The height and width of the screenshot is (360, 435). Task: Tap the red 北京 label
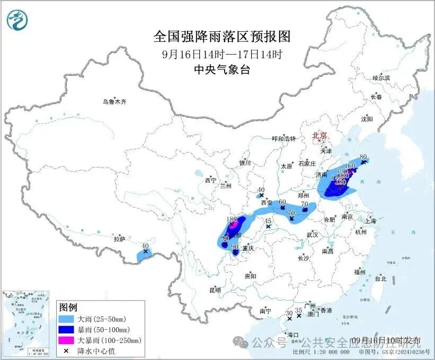tap(320, 135)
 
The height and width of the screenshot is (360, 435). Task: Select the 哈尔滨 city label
tap(380, 78)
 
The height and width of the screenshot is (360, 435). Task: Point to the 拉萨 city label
tap(119, 239)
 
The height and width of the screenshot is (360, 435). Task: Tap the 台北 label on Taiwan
tap(380, 278)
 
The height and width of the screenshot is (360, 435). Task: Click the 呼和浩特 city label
tap(282, 139)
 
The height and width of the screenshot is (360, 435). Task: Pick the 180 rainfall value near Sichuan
tap(232, 219)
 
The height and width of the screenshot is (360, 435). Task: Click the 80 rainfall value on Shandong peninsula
tap(363, 157)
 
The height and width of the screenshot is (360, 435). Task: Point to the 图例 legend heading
tap(68, 308)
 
